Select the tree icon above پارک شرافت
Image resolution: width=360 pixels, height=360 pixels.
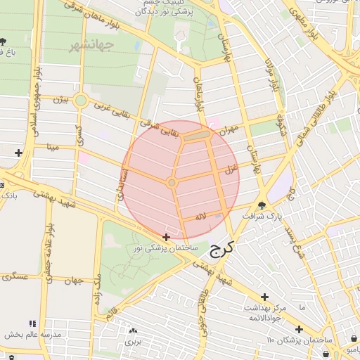click(x=262, y=206)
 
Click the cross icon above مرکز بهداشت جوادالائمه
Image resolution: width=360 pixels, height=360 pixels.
click(x=264, y=297)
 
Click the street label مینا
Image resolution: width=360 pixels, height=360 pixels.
click(x=51, y=147)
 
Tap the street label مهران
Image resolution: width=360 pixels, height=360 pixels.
click(x=229, y=130)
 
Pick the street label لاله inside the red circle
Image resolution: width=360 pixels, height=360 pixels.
click(x=201, y=217)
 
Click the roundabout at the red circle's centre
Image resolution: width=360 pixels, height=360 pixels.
click(x=172, y=183)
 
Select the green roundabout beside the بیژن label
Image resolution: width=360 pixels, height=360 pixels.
click(x=81, y=101)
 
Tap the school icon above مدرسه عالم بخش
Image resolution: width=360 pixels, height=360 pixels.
click(x=30, y=324)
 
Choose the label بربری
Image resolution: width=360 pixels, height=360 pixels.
click(x=134, y=341)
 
